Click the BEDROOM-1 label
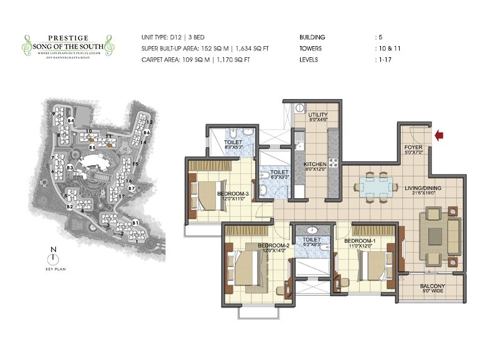pyautogui.click(x=359, y=241)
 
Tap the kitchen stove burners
pyautogui.click(x=333, y=163)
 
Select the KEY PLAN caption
pyautogui.click(x=55, y=270)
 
